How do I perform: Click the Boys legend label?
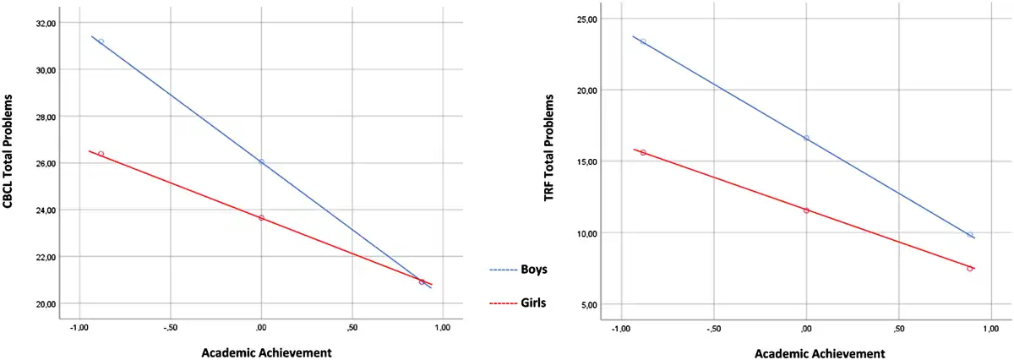533,270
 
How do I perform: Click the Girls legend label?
533,303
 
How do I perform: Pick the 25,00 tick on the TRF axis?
586,19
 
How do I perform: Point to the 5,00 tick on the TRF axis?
588,304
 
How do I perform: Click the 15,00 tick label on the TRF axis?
586,161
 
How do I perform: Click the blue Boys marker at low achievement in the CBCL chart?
101,41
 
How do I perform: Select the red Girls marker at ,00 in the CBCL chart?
261,218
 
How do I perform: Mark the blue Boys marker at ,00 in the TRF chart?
806,139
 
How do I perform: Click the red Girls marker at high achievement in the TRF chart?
970,269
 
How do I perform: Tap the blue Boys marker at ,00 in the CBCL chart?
261,162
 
